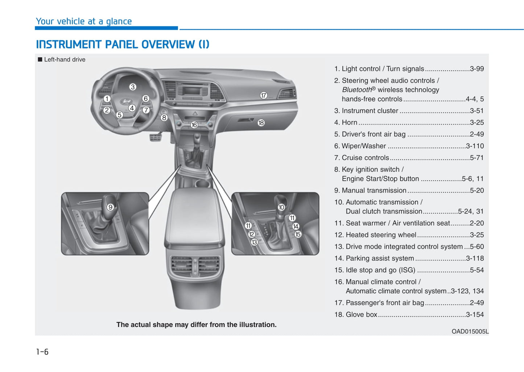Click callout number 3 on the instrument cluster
tap(133, 87)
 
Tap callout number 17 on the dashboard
tap(264, 95)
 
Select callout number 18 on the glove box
tap(261, 123)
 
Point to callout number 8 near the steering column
tap(164, 117)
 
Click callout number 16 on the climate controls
tap(194, 125)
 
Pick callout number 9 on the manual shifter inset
tap(111, 207)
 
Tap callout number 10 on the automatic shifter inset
tap(281, 207)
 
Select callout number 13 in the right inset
tap(254, 242)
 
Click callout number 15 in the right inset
tap(298, 234)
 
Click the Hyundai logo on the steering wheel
tap(126, 102)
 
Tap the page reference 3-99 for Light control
tap(476, 69)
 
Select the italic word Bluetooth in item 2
tap(357, 90)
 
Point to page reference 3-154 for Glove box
tap(475, 315)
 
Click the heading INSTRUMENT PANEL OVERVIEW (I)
tap(123, 44)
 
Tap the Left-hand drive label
tap(65, 59)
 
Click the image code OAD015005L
tap(470, 331)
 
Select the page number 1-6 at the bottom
tap(42, 352)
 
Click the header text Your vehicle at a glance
tap(84, 21)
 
